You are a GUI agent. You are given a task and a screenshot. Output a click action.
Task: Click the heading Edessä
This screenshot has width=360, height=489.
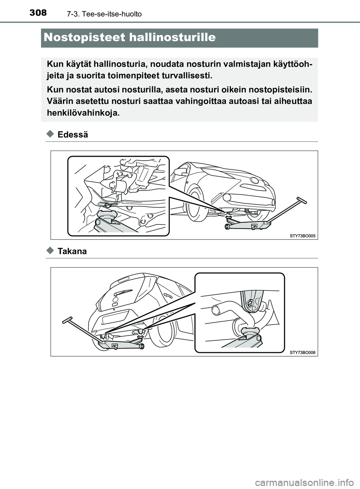coord(73,135)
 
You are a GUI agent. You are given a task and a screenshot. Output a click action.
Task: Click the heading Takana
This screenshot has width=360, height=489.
coord(72,251)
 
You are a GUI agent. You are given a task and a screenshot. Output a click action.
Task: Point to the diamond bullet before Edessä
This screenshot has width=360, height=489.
coord(51,135)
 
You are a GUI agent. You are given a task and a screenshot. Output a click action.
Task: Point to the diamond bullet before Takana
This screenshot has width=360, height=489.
coord(51,251)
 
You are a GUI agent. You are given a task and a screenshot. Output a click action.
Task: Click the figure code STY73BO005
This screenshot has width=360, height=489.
coord(303,236)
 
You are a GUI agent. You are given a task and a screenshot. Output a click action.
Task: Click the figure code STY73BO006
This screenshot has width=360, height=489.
coord(303,353)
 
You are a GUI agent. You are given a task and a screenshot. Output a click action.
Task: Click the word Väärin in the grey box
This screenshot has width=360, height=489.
coord(59,101)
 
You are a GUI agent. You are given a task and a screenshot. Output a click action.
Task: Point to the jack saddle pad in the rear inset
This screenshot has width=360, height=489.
coord(248,330)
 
